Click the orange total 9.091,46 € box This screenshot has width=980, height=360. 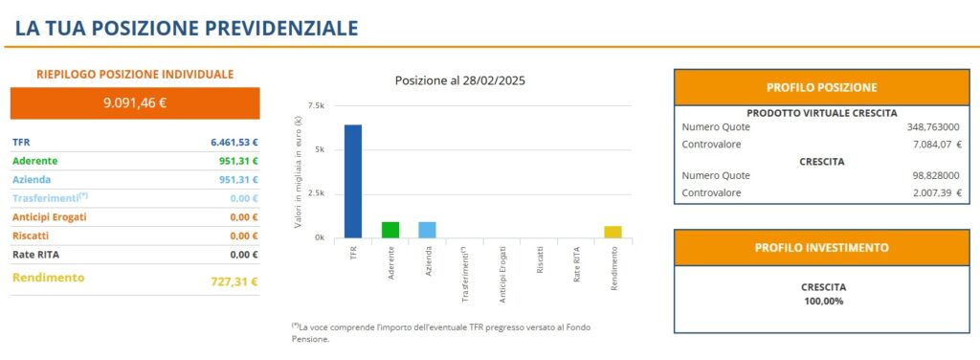pos(135,102)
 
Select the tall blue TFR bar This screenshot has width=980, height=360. pos(353,181)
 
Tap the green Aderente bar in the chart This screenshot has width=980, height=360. pos(390,230)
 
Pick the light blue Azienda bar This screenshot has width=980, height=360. pos(428,230)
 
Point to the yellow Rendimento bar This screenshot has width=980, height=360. pos(612,232)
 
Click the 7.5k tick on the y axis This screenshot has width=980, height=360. pos(316,105)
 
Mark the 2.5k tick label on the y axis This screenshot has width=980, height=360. pos(316,193)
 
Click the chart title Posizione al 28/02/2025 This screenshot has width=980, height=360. pos(459,80)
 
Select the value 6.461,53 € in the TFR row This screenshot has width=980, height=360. pos(234,142)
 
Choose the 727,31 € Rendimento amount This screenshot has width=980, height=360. pos(234,281)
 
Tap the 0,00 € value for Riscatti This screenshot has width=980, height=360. pos(244,236)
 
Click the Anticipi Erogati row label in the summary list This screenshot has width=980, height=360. pos(50,217)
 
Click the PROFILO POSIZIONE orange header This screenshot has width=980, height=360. pos(821,87)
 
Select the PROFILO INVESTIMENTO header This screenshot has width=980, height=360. pos(821,247)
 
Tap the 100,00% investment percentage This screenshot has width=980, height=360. pos(822,301)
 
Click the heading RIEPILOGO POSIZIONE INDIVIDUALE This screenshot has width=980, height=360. pos(135,74)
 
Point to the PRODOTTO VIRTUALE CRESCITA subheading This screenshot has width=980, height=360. pos(821,112)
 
